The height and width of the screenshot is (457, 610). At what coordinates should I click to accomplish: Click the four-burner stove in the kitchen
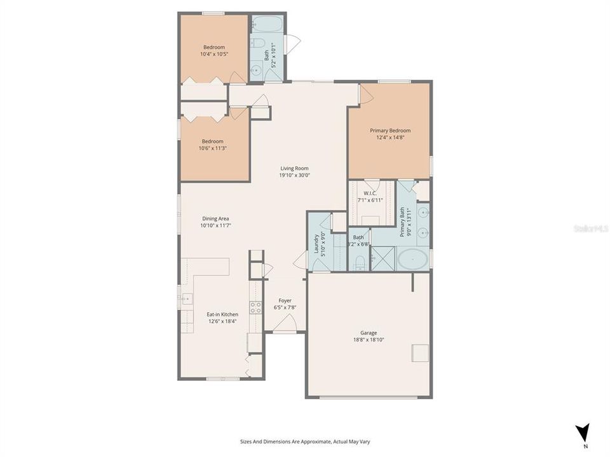[255, 308]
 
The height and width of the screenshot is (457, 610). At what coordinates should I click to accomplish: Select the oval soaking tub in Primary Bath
[413, 260]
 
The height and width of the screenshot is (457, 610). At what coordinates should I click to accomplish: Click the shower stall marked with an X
[383, 260]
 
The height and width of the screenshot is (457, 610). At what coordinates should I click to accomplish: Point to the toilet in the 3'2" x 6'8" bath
[359, 262]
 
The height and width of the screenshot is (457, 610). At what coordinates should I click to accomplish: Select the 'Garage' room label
[369, 333]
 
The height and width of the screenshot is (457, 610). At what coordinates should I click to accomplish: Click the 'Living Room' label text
[295, 168]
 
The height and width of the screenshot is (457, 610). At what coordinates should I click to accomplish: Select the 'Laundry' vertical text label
[316, 243]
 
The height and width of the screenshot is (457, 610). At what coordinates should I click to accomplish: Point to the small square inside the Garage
[420, 353]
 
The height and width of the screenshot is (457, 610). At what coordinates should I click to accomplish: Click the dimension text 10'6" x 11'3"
[213, 149]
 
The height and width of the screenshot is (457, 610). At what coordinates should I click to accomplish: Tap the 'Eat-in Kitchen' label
[222, 314]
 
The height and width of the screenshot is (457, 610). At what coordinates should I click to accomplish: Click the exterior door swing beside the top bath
[293, 44]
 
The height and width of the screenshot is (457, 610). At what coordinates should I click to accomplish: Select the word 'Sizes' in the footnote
[247, 442]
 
